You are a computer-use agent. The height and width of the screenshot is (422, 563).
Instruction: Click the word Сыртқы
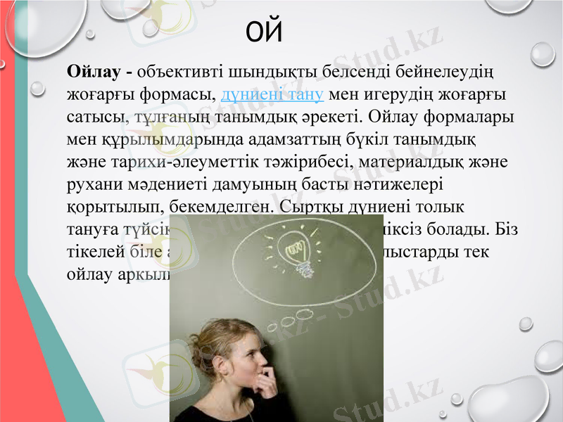click(307, 207)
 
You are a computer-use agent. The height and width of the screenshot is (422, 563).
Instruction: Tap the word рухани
click(90, 185)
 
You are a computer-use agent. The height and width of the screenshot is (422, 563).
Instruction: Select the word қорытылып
click(101, 207)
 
